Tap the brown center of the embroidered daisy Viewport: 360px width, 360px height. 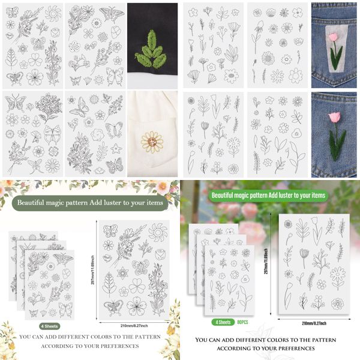coord(152,142)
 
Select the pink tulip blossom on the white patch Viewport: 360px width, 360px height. coord(334,38)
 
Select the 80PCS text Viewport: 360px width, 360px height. coord(243,322)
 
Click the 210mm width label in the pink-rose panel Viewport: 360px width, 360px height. coord(313,323)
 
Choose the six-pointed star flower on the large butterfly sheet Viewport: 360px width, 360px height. coord(122,273)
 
